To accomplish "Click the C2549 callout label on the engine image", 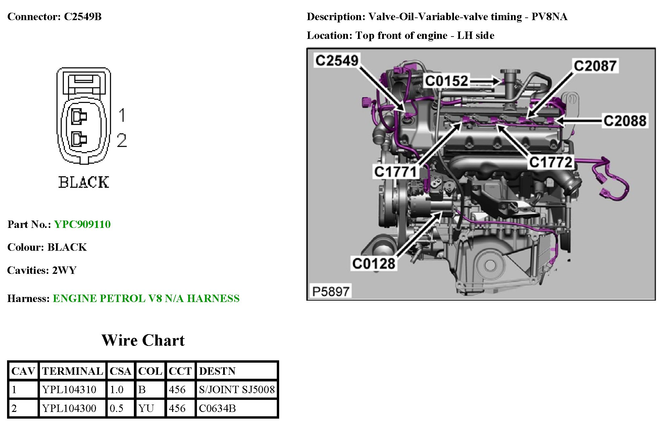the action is pyautogui.click(x=337, y=61).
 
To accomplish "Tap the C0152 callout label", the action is pyautogui.click(x=446, y=81).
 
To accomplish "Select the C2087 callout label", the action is pyautogui.click(x=595, y=66).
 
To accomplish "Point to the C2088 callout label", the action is pyautogui.click(x=625, y=121).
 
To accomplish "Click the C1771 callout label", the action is pyautogui.click(x=395, y=172).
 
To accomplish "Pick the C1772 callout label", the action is pyautogui.click(x=551, y=163).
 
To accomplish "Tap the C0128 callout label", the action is pyautogui.click(x=374, y=264).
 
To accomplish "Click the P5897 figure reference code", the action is pyautogui.click(x=331, y=292).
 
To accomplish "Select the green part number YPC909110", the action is pyautogui.click(x=82, y=224).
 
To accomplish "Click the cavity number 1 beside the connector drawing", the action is pyautogui.click(x=122, y=115).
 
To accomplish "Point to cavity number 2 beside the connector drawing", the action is pyautogui.click(x=122, y=140).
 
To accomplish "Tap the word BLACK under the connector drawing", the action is pyautogui.click(x=84, y=182).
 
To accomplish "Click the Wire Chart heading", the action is pyautogui.click(x=143, y=341).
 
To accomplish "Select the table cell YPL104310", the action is pyautogui.click(x=69, y=389).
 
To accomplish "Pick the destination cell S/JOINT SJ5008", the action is pyautogui.click(x=237, y=389).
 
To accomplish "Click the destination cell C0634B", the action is pyautogui.click(x=217, y=408).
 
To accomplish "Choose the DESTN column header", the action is pyautogui.click(x=217, y=371).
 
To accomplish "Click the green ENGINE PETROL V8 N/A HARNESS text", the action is pyautogui.click(x=146, y=298).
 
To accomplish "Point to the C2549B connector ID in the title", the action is pyautogui.click(x=83, y=16).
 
